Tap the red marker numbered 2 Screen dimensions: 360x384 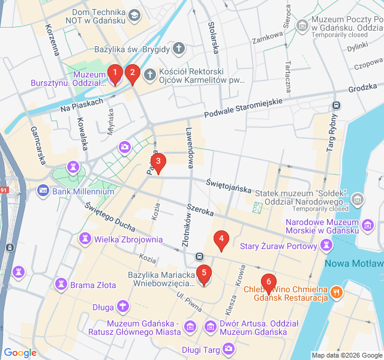pyautogui.click(x=133, y=74)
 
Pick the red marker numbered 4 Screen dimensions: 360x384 pyautogui.click(x=221, y=240)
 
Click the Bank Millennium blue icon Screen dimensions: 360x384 pyautogui.click(x=43, y=191)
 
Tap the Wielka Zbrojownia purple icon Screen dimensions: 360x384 pyautogui.click(x=85, y=239)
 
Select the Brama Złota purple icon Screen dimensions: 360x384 pyautogui.click(x=61, y=284)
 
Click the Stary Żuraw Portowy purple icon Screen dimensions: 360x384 pyautogui.click(x=326, y=245)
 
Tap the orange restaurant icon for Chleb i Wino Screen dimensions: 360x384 pyautogui.click(x=338, y=293)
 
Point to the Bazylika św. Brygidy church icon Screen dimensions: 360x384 pyautogui.click(x=178, y=47)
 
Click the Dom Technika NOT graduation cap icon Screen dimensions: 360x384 pyautogui.click(x=134, y=14)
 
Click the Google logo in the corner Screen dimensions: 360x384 pyautogui.click(x=20, y=353)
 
